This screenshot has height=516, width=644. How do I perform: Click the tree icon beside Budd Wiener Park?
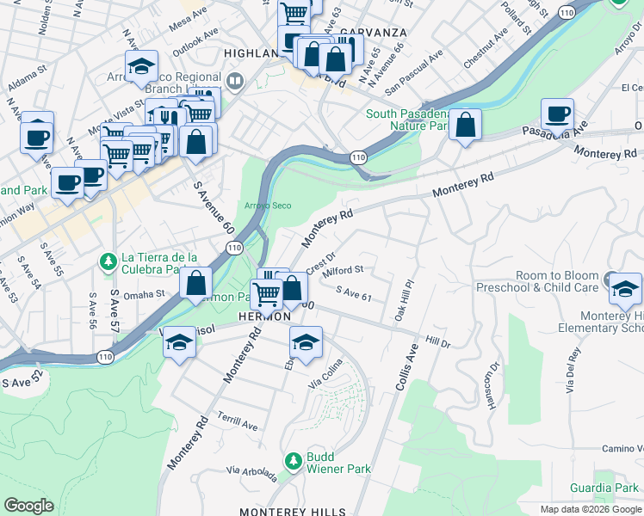click(294, 462)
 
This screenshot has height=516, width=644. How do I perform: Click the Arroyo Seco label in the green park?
click(269, 206)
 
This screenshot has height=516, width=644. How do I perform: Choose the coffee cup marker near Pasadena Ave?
click(557, 114)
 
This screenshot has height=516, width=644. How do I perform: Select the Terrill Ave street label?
click(238, 425)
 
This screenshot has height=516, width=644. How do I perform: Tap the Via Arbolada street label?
click(251, 473)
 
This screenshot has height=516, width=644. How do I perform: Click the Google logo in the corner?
click(29, 506)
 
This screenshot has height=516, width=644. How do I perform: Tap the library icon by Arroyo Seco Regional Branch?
click(235, 82)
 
